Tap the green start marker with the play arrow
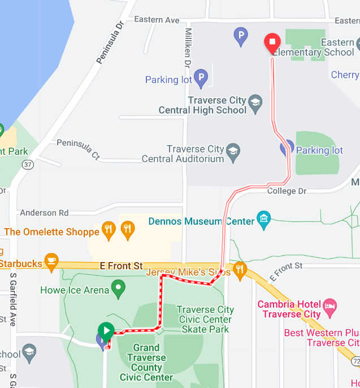[x=106, y=330]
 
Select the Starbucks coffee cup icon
[x=52, y=260]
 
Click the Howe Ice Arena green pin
[x=118, y=289]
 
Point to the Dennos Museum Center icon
[x=263, y=217]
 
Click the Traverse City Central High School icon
[x=255, y=102]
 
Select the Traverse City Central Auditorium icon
[x=233, y=150]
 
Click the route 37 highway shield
[x=27, y=164]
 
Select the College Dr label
[x=287, y=191]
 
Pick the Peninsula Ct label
[x=78, y=149]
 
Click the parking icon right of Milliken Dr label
[x=241, y=37]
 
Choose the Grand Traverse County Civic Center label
[x=146, y=363]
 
